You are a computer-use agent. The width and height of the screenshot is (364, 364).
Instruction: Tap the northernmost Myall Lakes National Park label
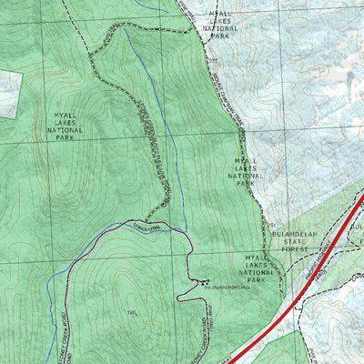218,21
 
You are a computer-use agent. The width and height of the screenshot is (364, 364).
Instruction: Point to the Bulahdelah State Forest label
292,240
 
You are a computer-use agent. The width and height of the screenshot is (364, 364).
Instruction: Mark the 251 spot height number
271,223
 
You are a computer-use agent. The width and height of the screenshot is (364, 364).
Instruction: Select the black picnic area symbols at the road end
203,280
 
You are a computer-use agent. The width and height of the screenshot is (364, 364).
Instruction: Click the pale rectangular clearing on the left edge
9,93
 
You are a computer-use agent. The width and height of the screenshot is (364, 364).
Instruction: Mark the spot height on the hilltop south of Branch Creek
133,312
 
